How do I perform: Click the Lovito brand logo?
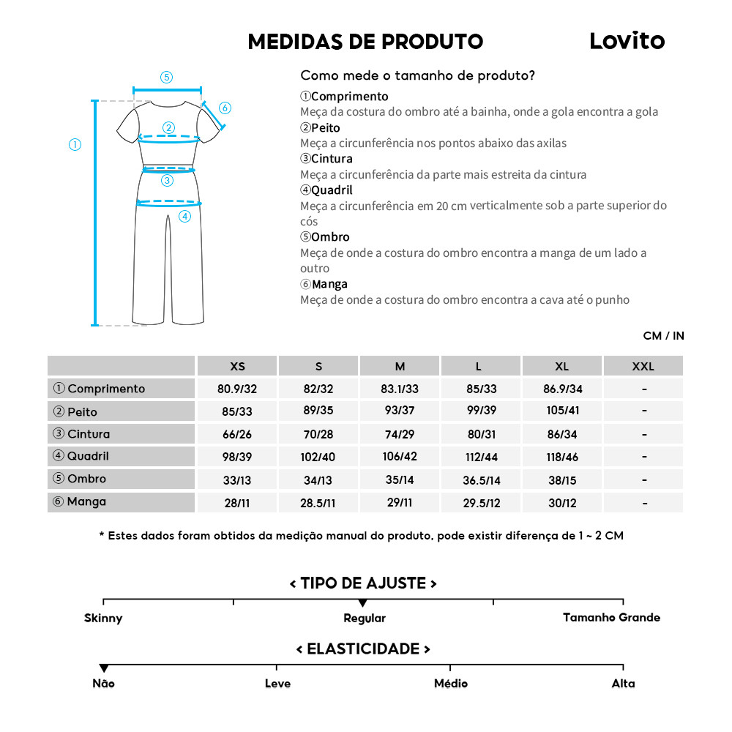(x=627, y=42)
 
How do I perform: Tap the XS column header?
(x=237, y=366)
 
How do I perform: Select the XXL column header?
(x=643, y=366)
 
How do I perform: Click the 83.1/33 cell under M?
(x=400, y=389)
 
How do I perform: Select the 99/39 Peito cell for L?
(x=480, y=411)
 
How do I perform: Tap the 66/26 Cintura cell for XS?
(x=237, y=434)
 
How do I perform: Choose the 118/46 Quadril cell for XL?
(x=561, y=457)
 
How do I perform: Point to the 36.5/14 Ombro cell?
(x=480, y=480)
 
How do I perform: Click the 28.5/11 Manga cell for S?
(x=318, y=503)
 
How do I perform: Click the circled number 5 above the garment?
(x=167, y=77)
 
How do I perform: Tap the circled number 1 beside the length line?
(x=75, y=144)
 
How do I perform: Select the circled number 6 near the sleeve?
(x=225, y=108)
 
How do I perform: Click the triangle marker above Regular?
(x=363, y=602)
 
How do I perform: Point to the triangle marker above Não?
(x=104, y=668)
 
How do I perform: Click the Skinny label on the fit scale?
(x=103, y=618)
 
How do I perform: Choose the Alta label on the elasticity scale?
(x=623, y=684)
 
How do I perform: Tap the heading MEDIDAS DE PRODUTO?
(x=365, y=42)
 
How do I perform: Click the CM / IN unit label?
(x=663, y=336)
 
